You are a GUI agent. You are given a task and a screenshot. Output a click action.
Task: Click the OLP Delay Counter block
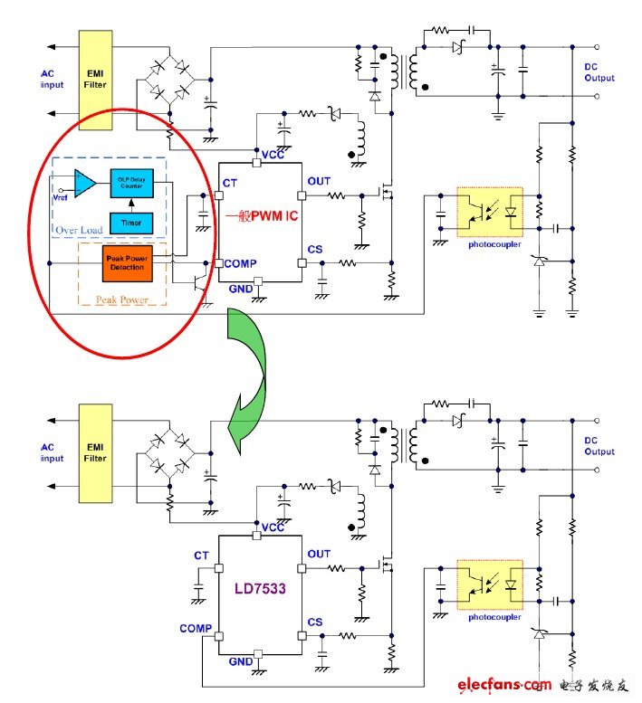coord(132,183)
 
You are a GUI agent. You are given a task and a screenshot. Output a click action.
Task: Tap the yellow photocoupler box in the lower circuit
coord(489,583)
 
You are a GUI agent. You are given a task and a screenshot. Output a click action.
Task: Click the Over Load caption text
coord(80,230)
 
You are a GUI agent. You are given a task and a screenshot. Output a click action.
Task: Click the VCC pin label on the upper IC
coord(273,155)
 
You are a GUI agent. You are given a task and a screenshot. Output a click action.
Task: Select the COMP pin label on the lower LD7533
coord(195,628)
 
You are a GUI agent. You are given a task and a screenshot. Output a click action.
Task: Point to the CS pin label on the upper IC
coord(315,249)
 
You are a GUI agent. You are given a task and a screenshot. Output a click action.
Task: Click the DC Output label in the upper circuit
coord(599,72)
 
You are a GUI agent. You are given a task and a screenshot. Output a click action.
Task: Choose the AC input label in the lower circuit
coord(53,452)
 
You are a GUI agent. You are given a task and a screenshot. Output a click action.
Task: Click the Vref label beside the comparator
coord(61,196)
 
